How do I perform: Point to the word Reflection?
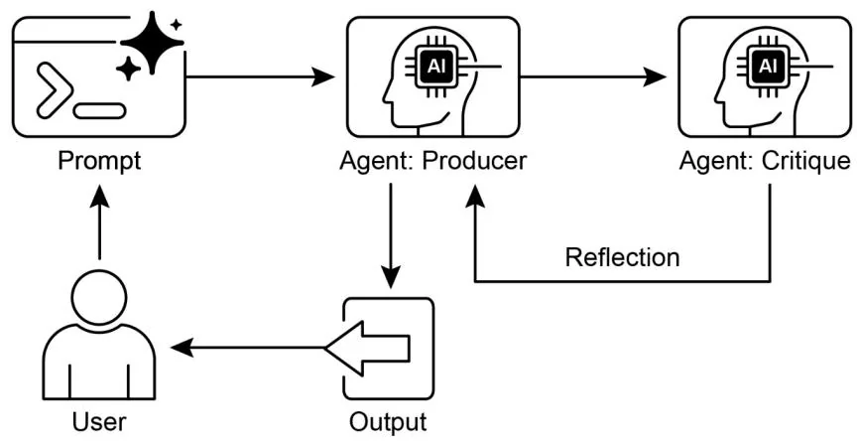(x=622, y=257)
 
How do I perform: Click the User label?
(x=98, y=421)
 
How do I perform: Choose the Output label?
(x=388, y=421)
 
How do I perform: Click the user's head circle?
(x=99, y=296)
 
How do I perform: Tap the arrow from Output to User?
(x=248, y=348)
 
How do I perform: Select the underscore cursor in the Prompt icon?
(x=99, y=110)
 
